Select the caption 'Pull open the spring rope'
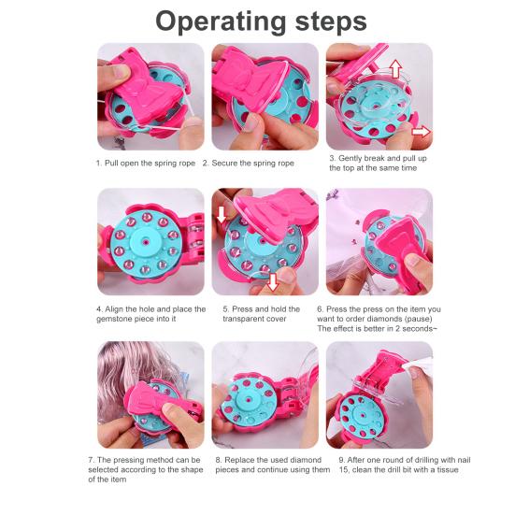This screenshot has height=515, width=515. coord(150,163)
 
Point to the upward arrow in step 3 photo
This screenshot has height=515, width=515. coord(393,68)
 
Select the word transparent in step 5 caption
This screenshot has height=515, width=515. coord(250,319)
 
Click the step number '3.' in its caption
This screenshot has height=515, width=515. coord(332,159)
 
